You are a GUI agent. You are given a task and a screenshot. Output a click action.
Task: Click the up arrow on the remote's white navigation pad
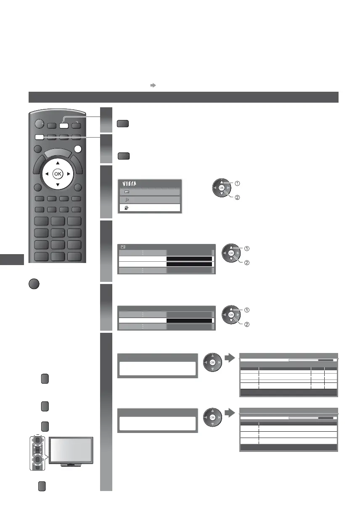click(x=58, y=163)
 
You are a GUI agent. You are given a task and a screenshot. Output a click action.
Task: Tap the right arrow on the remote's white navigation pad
click(x=67, y=173)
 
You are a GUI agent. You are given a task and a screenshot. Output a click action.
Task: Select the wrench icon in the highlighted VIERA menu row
click(x=127, y=208)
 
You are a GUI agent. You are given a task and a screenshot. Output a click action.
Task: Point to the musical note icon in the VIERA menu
click(x=127, y=200)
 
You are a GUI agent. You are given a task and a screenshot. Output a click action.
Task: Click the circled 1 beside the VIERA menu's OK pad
click(x=238, y=183)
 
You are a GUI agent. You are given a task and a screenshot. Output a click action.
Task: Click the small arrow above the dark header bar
click(x=153, y=85)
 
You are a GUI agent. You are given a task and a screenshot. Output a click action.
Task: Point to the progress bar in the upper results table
click(x=311, y=360)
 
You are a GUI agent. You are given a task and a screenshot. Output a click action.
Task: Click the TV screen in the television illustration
click(x=71, y=450)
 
